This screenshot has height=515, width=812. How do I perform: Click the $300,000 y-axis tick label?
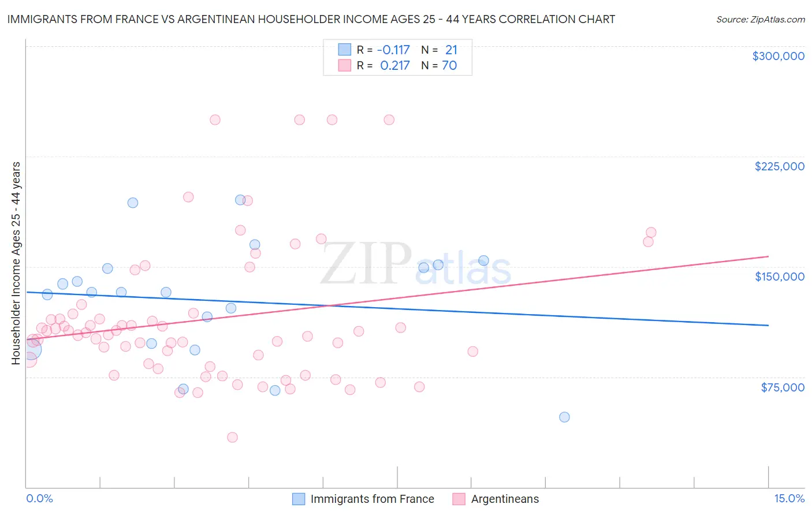(778, 56)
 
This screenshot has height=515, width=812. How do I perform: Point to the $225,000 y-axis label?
(779, 166)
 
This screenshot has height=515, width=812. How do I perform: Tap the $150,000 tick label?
(779, 277)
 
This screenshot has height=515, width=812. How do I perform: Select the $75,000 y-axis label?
(782, 387)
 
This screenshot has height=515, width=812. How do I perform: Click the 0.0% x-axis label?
(39, 499)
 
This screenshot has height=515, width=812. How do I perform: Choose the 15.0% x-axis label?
(789, 499)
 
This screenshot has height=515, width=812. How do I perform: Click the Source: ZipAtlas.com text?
(760, 20)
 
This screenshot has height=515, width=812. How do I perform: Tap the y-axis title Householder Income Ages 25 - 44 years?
(16, 263)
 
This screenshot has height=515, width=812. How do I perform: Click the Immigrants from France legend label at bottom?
(372, 499)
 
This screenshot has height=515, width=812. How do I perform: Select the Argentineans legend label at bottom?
(505, 499)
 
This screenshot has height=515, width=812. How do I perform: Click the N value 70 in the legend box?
(449, 66)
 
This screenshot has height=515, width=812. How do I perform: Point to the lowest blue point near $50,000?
(564, 417)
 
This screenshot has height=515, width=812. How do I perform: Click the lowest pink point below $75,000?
(232, 437)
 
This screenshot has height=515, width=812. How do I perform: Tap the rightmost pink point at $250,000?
(389, 120)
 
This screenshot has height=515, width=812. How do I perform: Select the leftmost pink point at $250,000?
(215, 120)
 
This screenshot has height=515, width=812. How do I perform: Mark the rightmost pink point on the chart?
(651, 233)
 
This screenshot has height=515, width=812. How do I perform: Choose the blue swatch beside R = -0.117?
(345, 50)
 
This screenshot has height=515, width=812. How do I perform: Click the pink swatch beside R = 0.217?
(345, 65)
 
